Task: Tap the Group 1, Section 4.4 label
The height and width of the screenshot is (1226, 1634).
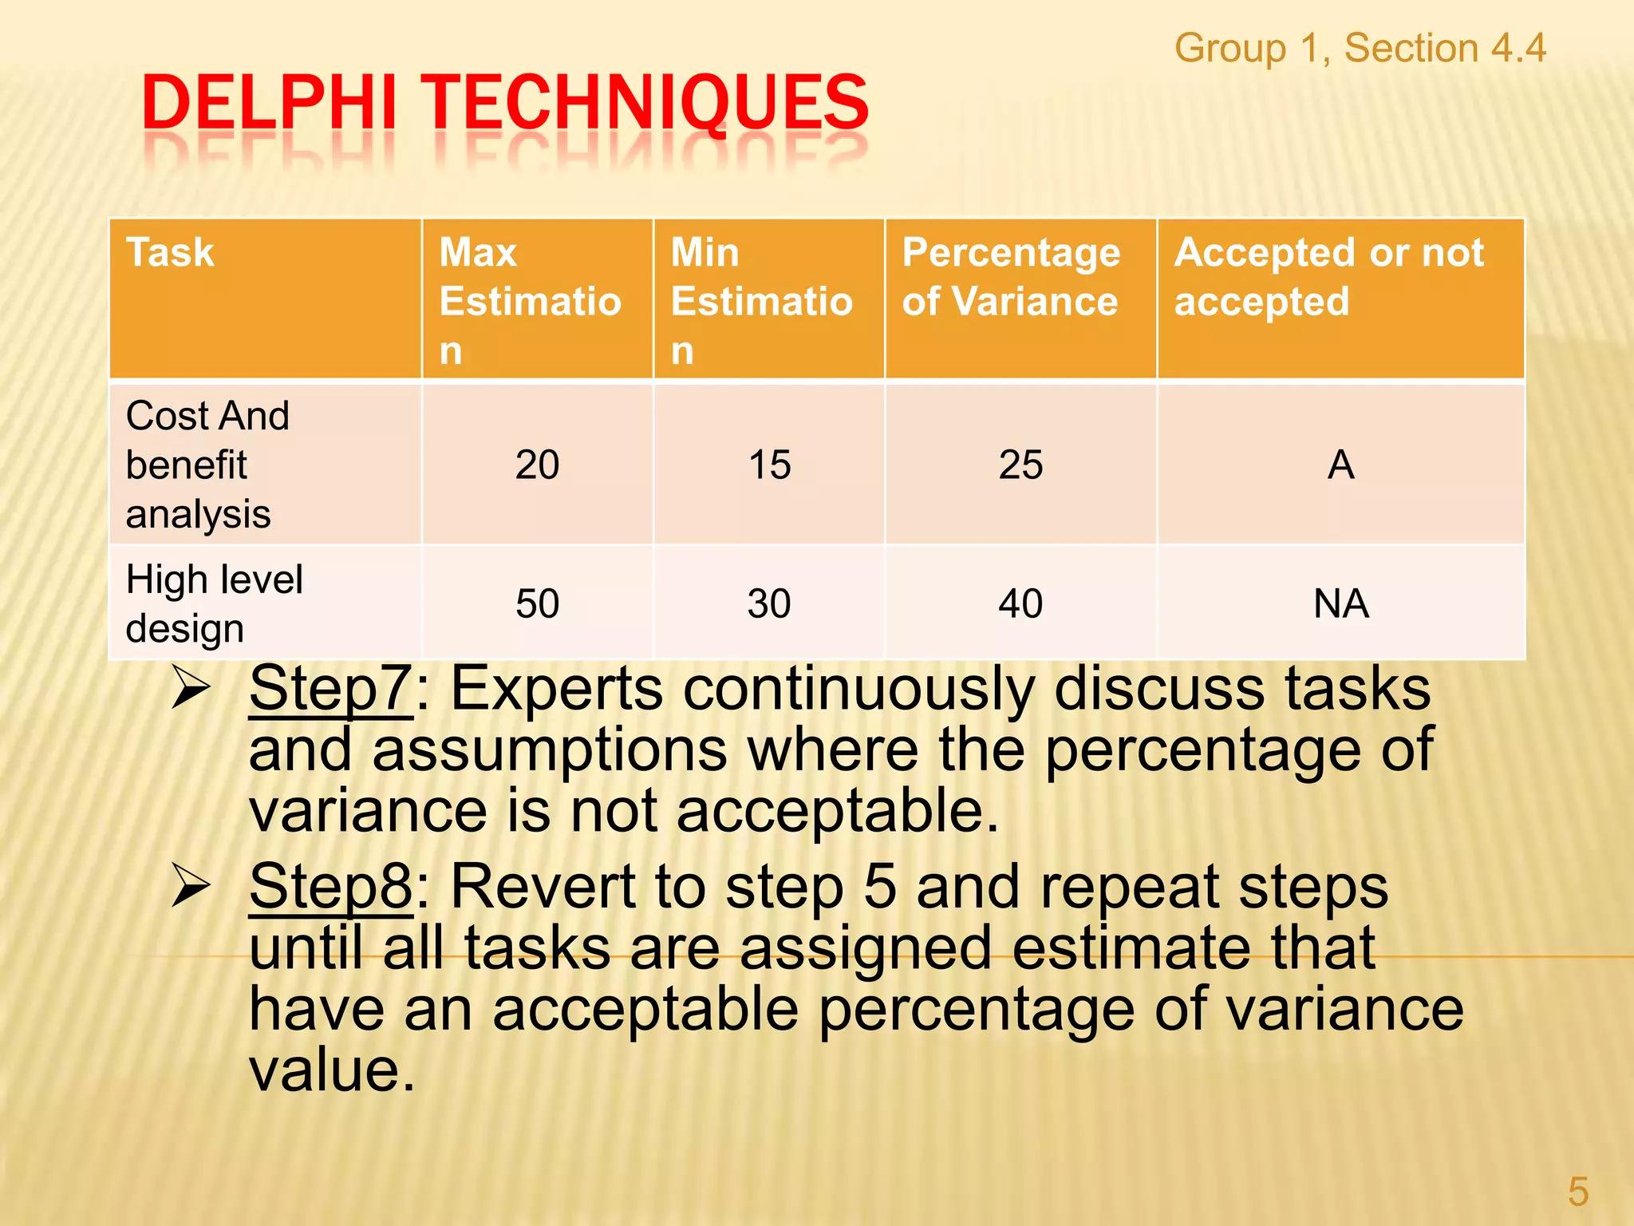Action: tap(1360, 48)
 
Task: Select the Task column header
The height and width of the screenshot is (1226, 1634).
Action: tap(170, 253)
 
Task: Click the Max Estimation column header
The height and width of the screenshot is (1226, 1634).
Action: tap(530, 301)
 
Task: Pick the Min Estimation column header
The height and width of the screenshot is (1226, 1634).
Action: tap(761, 301)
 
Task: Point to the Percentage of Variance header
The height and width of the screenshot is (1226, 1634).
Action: tap(1011, 277)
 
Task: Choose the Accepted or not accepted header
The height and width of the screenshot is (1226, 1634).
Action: tap(1328, 277)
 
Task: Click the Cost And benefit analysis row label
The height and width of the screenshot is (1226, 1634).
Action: tap(207, 465)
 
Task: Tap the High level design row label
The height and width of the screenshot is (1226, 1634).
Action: tap(214, 603)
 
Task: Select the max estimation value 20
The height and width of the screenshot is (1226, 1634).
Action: tap(537, 465)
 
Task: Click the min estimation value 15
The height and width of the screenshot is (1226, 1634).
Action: tap(769, 465)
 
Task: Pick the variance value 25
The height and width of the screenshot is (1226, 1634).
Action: tap(1020, 465)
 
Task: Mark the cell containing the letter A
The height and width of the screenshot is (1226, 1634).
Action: tap(1340, 465)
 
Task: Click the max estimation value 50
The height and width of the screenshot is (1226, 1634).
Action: tap(537, 603)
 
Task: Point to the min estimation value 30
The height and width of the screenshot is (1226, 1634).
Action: tap(769, 603)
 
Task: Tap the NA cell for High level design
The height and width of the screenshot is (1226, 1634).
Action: tap(1340, 603)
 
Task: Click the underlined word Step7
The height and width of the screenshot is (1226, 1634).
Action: tap(330, 688)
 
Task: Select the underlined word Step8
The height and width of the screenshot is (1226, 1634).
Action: tap(330, 886)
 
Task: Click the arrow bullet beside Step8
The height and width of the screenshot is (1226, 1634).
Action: tap(191, 888)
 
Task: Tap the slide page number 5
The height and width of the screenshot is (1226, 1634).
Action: tap(1577, 1192)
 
